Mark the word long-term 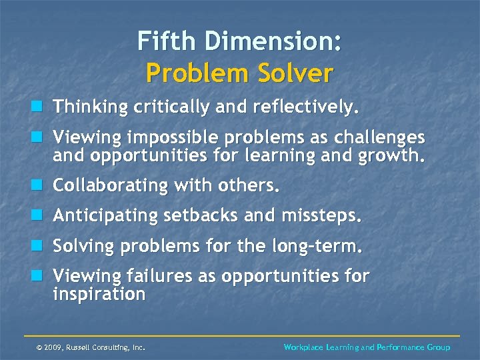317,247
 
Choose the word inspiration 99,295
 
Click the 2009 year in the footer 54,347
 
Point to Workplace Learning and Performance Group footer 367,347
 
